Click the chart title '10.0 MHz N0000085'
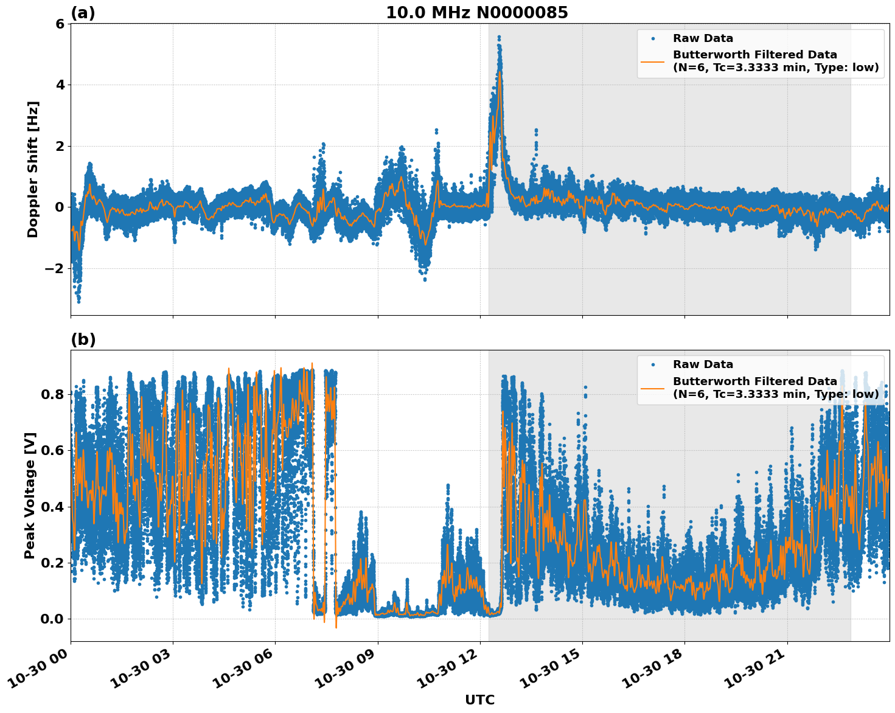(476, 13)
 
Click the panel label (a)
(83, 13)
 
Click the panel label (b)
(83, 339)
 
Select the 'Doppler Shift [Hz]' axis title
(33, 169)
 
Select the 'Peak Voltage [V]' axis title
(30, 495)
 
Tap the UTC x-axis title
(479, 700)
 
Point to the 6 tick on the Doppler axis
(60, 24)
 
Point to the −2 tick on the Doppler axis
(55, 268)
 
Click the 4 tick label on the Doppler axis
(60, 85)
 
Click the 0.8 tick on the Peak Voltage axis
(53, 394)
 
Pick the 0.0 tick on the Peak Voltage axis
(53, 619)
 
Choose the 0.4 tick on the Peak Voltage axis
(53, 507)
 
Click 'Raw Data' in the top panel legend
(703, 38)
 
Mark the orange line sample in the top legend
(652, 61)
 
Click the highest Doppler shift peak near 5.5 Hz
(499, 37)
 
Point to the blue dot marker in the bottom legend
(652, 364)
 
